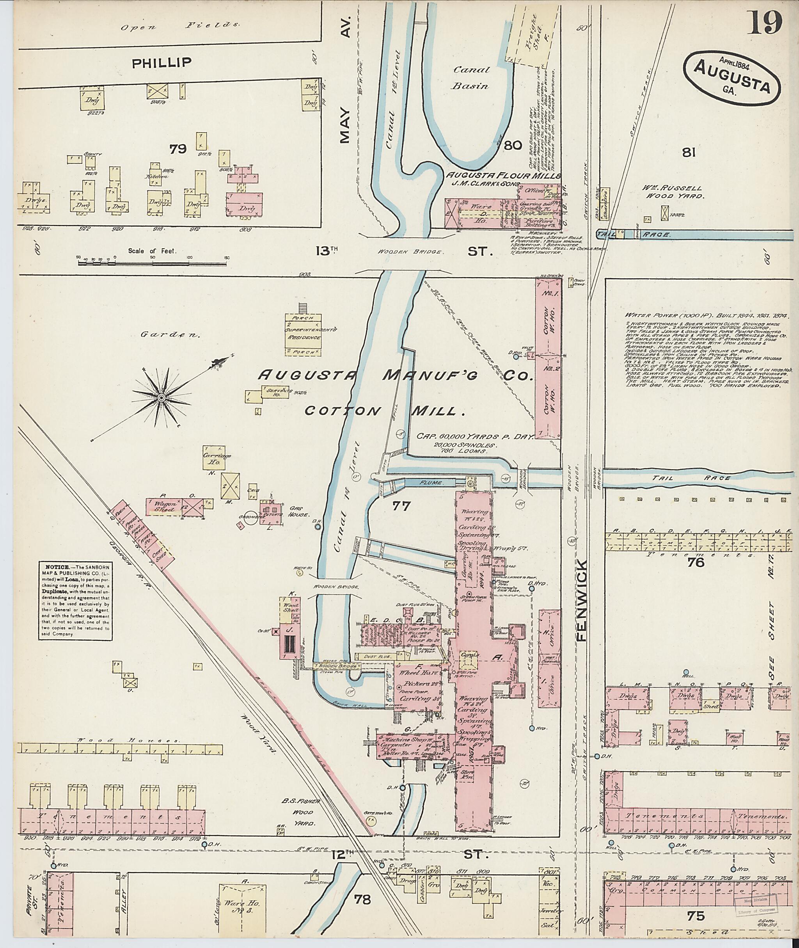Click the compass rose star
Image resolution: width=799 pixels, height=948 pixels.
pyautogui.click(x=160, y=397)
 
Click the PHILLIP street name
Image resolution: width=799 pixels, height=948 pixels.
pyautogui.click(x=161, y=62)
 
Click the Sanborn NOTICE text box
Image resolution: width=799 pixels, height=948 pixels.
pyautogui.click(x=76, y=601)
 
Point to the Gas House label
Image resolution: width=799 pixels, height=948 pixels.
pyautogui.click(x=298, y=515)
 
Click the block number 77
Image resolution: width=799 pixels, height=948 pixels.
pyautogui.click(x=401, y=506)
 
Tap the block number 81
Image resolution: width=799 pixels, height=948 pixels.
pyautogui.click(x=689, y=153)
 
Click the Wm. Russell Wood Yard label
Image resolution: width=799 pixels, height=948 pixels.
pyautogui.click(x=679, y=192)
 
